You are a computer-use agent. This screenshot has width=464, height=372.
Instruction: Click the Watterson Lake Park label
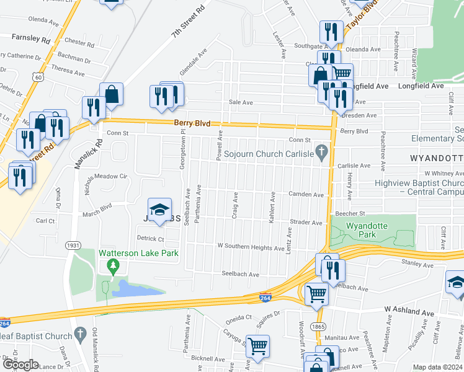click(x=138, y=253)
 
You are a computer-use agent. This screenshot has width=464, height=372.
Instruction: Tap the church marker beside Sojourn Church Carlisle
click(x=321, y=152)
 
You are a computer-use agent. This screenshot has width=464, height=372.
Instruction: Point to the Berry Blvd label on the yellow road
click(x=189, y=123)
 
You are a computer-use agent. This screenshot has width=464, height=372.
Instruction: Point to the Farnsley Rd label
click(x=30, y=37)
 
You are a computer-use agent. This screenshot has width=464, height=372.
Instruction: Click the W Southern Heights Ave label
click(x=251, y=247)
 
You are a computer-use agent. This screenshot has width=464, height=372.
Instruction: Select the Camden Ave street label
click(x=306, y=195)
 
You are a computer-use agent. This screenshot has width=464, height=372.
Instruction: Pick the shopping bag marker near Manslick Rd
click(x=112, y=94)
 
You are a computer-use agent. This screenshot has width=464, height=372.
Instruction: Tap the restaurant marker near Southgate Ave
click(x=331, y=32)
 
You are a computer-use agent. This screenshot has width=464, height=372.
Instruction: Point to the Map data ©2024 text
click(x=438, y=367)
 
